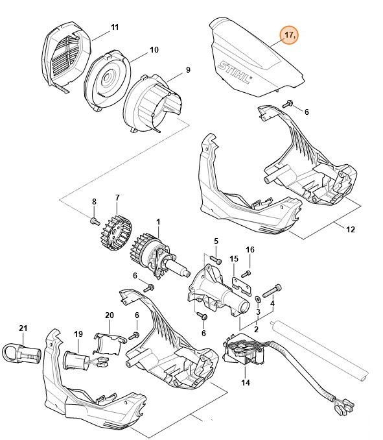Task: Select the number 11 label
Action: [x=115, y=27]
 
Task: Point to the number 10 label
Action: [x=154, y=50]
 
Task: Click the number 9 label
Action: [x=187, y=70]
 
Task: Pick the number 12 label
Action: [x=351, y=229]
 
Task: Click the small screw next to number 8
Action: [x=94, y=221]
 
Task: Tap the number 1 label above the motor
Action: [x=157, y=221]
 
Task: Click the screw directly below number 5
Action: [x=218, y=260]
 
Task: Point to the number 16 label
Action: [x=250, y=249]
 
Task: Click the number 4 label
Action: [x=272, y=303]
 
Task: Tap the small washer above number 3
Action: [x=259, y=299]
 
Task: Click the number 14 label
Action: [x=244, y=383]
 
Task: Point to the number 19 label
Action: [x=78, y=334]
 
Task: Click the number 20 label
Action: [x=109, y=315]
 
